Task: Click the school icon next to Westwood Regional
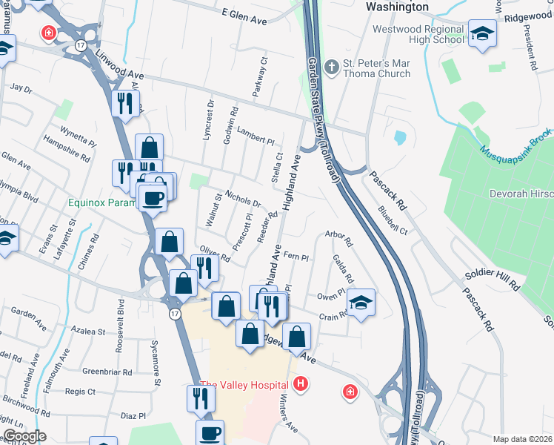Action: coord(483,34)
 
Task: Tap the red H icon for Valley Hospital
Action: coord(301,384)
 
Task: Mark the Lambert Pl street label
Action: coord(256,136)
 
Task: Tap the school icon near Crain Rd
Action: coord(361,302)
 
